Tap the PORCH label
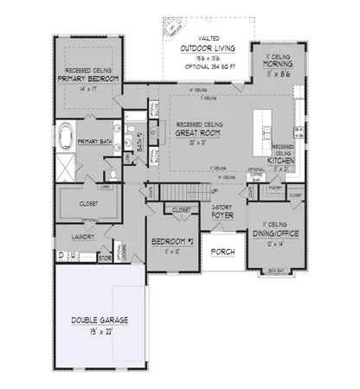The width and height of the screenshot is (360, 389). pos(223,252)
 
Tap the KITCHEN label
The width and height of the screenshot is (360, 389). pos(281,161)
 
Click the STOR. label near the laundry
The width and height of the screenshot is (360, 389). pos(105,257)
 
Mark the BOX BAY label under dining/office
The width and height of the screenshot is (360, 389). pos(276,271)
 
